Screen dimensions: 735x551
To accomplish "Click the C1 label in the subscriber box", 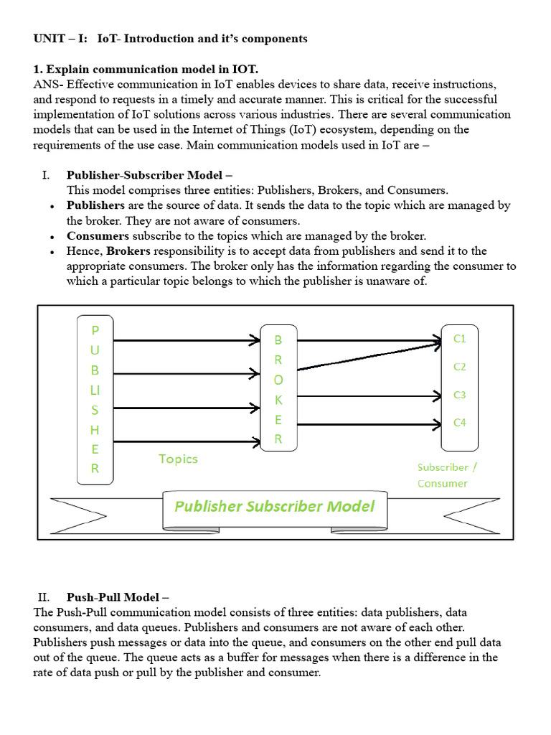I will [x=460, y=339].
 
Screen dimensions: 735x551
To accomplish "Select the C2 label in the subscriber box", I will [x=460, y=367].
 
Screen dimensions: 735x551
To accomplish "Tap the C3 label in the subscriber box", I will [x=460, y=395].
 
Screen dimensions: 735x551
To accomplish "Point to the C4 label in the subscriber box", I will [x=460, y=423].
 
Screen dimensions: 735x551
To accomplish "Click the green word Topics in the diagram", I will [x=178, y=459].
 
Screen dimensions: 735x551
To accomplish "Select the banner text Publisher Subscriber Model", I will [x=274, y=506].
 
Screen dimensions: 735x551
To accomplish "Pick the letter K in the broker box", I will [x=278, y=400].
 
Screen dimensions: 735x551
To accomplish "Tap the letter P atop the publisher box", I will [x=95, y=331].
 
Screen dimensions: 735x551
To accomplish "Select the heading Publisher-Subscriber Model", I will [x=149, y=174].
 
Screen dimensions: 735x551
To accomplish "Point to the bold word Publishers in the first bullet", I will [x=96, y=205].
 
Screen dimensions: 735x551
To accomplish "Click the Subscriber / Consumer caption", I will [x=447, y=474].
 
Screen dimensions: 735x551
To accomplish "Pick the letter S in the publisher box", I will [x=95, y=410].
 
